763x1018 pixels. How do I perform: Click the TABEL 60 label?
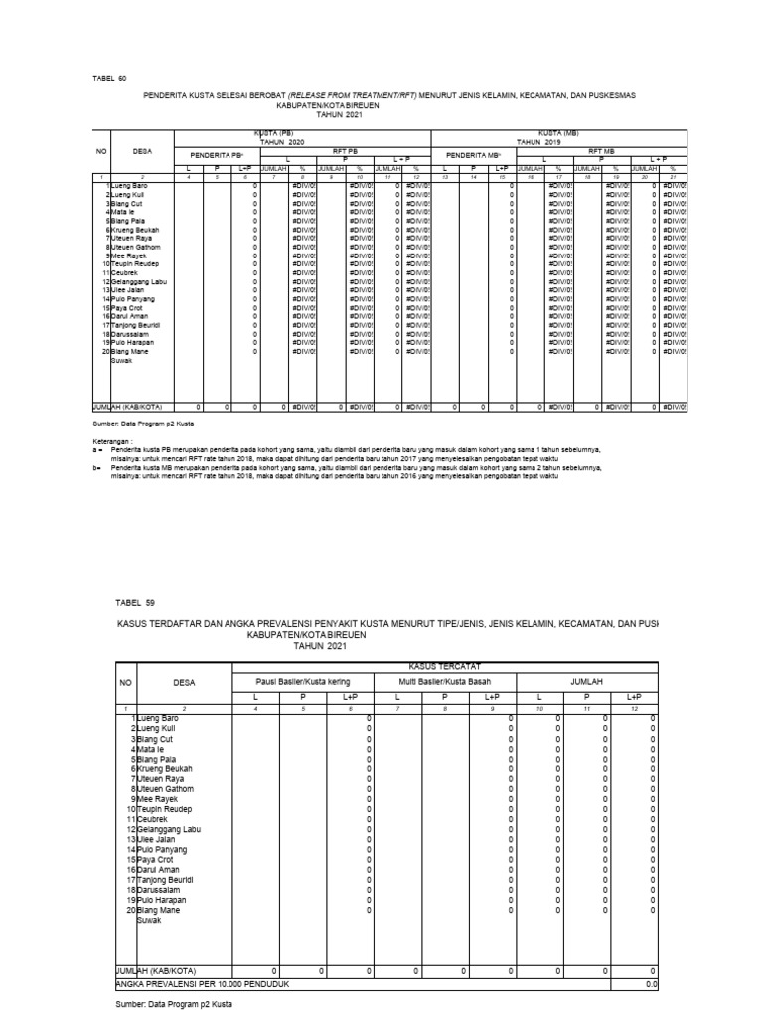tap(110, 77)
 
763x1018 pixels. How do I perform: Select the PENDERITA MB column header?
tap(473, 155)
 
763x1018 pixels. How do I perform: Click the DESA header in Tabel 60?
tap(142, 152)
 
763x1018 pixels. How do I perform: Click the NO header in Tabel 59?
tap(126, 683)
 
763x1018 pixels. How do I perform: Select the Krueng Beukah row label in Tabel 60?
tap(136, 230)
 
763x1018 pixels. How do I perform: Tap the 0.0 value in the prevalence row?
tap(651, 983)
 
